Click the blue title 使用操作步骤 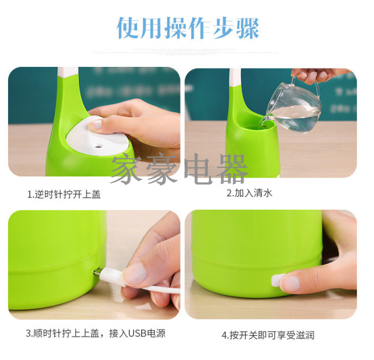pyautogui.click(x=188, y=28)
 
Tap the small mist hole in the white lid pyautogui.click(x=98, y=145)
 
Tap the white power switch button pyautogui.click(x=277, y=280)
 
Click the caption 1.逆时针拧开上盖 pyautogui.click(x=64, y=194)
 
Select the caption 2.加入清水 pyautogui.click(x=250, y=193)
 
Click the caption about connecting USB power pyautogui.click(x=96, y=333)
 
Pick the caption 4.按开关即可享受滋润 pyautogui.click(x=268, y=335)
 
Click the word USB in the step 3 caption pyautogui.click(x=137, y=333)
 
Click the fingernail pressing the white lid pyautogui.click(x=96, y=125)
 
